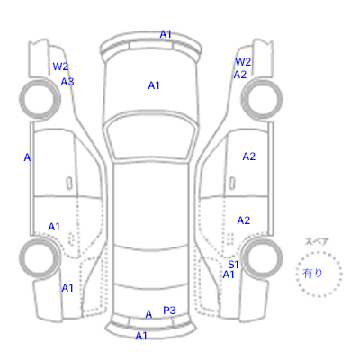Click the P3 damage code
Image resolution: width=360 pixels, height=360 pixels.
[169, 310]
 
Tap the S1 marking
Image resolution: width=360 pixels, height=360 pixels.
[233, 265]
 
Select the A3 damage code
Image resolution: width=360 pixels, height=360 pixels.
[67, 82]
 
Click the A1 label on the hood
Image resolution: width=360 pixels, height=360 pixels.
[154, 85]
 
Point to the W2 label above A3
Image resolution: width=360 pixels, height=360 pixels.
[60, 67]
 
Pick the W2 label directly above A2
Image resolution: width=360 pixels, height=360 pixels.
[243, 62]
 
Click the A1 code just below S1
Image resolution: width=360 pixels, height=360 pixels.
[229, 274]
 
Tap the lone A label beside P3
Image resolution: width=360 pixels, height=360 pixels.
[148, 314]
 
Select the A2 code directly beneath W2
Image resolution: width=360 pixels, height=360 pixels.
[240, 75]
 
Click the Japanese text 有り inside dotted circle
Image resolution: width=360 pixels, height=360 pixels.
[312, 273]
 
